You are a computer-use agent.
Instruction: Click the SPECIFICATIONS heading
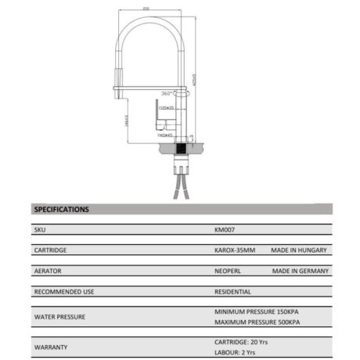[62, 210]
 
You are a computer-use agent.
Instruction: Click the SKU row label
[40, 231]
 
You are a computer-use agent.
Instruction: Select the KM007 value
[224, 231]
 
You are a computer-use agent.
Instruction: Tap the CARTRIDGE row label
[50, 251]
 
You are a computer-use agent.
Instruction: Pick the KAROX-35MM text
[233, 251]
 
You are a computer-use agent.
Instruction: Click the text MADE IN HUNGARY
[298, 251]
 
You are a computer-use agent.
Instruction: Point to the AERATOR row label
[48, 272]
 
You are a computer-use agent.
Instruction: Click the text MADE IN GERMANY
[298, 272]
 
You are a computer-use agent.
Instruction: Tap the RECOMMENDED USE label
[64, 292]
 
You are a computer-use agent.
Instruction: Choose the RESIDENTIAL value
[232, 292]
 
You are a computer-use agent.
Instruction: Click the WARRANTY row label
[49, 347]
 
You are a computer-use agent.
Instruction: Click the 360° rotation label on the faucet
[166, 92]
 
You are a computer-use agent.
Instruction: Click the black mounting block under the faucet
[183, 146]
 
